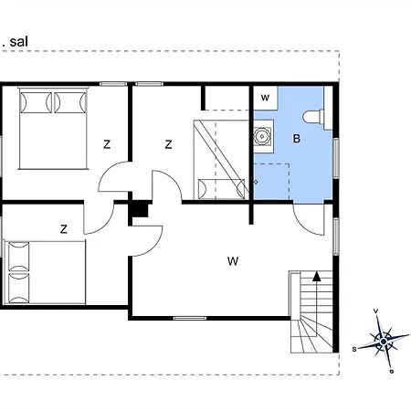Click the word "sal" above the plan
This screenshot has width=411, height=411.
(x=19, y=42)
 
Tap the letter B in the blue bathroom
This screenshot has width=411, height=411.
(x=297, y=139)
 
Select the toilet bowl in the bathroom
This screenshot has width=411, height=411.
(x=313, y=117)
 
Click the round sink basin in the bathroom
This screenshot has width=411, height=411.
(x=261, y=136)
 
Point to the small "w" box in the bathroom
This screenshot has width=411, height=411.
(x=265, y=98)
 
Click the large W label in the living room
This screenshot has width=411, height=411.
(x=233, y=261)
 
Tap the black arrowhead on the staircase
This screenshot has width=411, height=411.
(x=317, y=276)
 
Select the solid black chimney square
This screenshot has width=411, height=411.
(x=140, y=210)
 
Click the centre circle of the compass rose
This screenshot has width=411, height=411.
(x=384, y=342)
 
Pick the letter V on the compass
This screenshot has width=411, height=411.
(x=376, y=311)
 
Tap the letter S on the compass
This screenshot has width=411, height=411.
(x=354, y=349)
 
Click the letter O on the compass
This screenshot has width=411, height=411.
(x=392, y=371)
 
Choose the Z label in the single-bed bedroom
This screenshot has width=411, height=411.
(x=168, y=144)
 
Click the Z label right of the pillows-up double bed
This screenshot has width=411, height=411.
(x=107, y=144)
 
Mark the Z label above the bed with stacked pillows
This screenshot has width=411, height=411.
(x=64, y=229)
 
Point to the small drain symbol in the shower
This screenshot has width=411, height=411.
(x=256, y=182)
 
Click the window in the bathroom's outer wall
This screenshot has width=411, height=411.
(x=336, y=158)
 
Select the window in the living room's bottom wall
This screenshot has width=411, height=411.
(x=190, y=318)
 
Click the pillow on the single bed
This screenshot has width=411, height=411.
(x=221, y=189)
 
